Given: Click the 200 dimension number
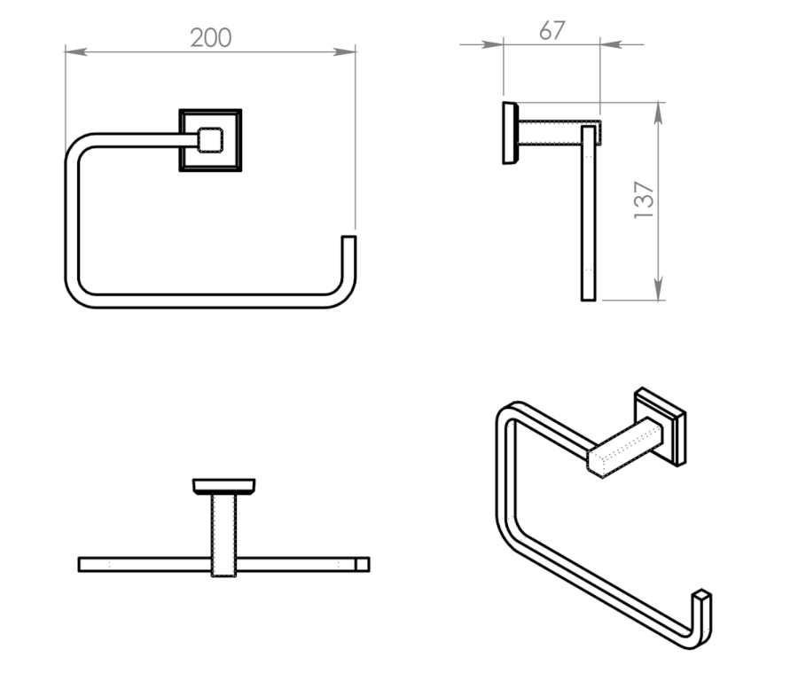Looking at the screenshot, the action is (211, 37).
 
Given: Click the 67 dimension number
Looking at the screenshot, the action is (552, 30).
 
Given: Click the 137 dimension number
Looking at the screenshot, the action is (644, 200).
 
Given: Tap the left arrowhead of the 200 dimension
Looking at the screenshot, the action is (76, 52).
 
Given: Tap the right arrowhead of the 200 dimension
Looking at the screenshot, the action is (345, 52).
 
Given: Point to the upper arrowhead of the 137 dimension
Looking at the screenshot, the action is (659, 113).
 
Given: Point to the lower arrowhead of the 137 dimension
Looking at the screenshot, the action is (659, 289).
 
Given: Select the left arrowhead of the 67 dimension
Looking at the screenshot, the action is (492, 45).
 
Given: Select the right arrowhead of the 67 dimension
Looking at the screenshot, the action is (612, 45).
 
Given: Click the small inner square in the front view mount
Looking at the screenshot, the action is (210, 140).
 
